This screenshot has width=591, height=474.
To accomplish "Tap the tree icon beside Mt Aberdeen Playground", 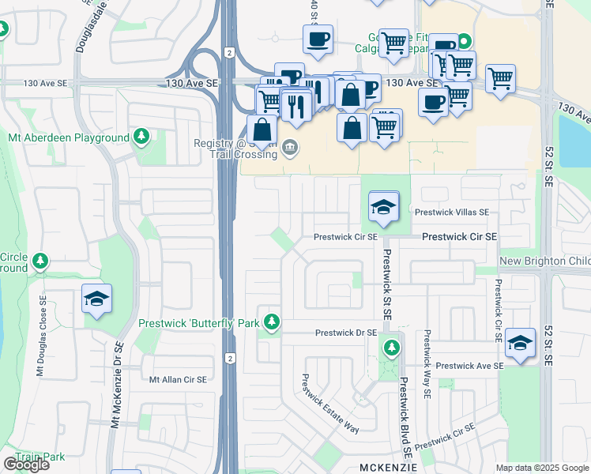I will coord(142,137).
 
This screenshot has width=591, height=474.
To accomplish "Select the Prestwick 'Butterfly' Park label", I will coord(198,323).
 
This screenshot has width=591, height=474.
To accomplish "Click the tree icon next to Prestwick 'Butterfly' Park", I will coord(271,322).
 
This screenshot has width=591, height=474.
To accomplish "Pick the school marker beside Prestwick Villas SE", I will coord(384,209).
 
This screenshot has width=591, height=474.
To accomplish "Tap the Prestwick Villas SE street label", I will coord(451,213).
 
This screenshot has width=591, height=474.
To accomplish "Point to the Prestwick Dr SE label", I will coord(344,333).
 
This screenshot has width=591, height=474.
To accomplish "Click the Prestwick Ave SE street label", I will coord(469,366).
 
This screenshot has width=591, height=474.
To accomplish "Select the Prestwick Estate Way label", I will coord(329,404).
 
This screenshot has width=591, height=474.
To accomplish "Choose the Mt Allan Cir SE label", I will coord(178,380).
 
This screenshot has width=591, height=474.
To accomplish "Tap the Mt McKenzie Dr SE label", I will coord(116,385).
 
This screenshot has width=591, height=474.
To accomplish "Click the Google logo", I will coord(26,465).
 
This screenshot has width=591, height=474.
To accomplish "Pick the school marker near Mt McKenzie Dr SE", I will coord(96,299).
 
